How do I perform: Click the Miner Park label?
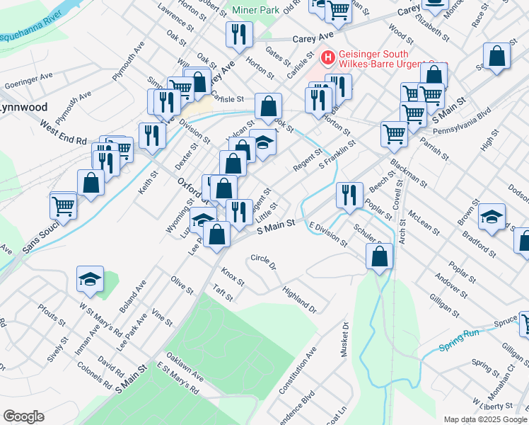click(x=255, y=11)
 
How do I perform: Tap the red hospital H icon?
click(x=328, y=57)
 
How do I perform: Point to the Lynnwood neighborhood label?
click(x=23, y=108)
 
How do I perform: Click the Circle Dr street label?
click(x=262, y=263)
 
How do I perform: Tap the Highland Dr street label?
click(x=299, y=299)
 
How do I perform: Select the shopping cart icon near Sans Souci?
click(x=63, y=205)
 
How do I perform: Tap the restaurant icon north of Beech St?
click(x=349, y=195)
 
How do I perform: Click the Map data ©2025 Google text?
click(x=485, y=419)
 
